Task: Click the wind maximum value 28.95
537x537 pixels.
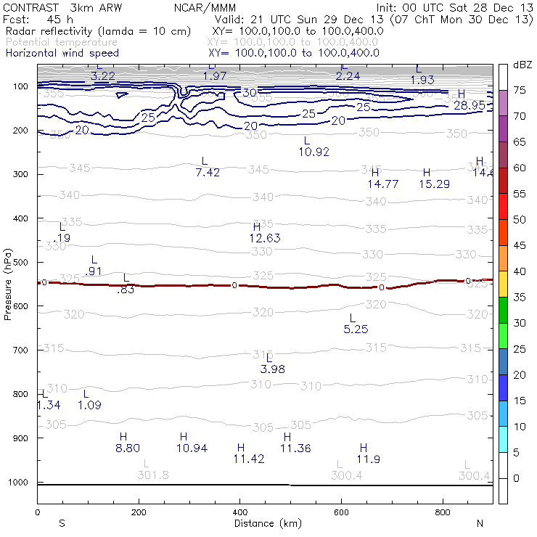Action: [x=470, y=105]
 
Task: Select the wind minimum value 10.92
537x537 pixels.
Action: [x=314, y=152]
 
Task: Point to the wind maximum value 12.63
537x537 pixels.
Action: [x=265, y=238]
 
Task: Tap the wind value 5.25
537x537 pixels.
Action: [x=356, y=329]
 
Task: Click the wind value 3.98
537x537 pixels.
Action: [x=272, y=369]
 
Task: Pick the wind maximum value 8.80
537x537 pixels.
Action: [x=128, y=448]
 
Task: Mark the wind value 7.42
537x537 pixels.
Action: [x=208, y=172]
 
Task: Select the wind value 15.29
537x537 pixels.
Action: [x=434, y=184]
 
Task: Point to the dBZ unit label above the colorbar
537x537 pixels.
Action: [x=522, y=65]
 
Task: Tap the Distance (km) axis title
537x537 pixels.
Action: [x=268, y=523]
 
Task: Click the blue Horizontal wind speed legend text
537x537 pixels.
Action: [x=62, y=53]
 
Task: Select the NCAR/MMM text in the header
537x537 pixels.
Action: [x=205, y=7]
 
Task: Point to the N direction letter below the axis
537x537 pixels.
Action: [x=480, y=523]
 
